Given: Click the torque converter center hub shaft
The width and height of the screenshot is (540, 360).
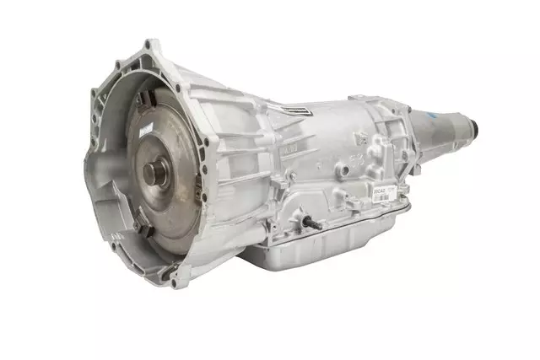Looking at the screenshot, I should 153,173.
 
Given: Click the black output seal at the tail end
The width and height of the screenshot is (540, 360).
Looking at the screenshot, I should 473,130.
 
